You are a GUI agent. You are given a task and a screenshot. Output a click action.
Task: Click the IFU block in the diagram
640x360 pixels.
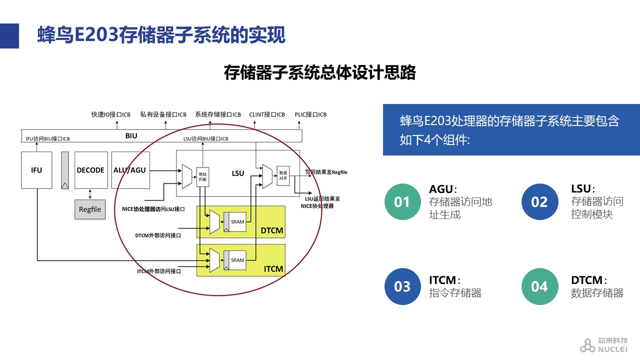click(x=36, y=170)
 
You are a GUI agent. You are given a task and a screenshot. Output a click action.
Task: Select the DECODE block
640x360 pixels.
click(x=90, y=170)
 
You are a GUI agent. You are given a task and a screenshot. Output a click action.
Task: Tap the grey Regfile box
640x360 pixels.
click(x=90, y=209)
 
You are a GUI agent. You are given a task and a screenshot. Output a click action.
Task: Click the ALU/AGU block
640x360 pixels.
click(x=129, y=170)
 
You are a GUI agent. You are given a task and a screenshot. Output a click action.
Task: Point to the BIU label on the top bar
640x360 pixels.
click(x=131, y=136)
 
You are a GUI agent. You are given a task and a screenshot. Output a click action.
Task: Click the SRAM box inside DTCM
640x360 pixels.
click(x=237, y=221)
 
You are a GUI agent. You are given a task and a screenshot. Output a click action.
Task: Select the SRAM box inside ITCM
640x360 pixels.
click(x=237, y=260)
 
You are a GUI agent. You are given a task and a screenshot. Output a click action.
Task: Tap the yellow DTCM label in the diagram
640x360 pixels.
click(x=272, y=230)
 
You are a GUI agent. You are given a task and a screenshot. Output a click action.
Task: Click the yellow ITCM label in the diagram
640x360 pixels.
click(x=273, y=269)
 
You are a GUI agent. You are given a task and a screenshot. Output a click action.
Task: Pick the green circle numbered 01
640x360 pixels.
click(x=402, y=202)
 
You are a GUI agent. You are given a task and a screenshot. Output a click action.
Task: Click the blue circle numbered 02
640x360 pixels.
click(x=539, y=202)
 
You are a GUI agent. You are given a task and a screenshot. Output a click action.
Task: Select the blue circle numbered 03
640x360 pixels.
click(x=402, y=286)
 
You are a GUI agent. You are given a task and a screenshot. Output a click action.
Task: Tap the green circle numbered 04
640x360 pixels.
click(x=539, y=286)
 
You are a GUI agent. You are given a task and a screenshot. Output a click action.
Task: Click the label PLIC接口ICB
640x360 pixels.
click(x=310, y=114)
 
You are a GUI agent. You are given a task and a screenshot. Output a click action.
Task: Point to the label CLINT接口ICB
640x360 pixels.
click(x=267, y=114)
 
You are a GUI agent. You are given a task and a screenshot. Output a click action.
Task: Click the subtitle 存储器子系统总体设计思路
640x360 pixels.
click(x=320, y=72)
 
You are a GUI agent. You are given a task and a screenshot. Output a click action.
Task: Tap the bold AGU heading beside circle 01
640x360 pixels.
click(x=441, y=189)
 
